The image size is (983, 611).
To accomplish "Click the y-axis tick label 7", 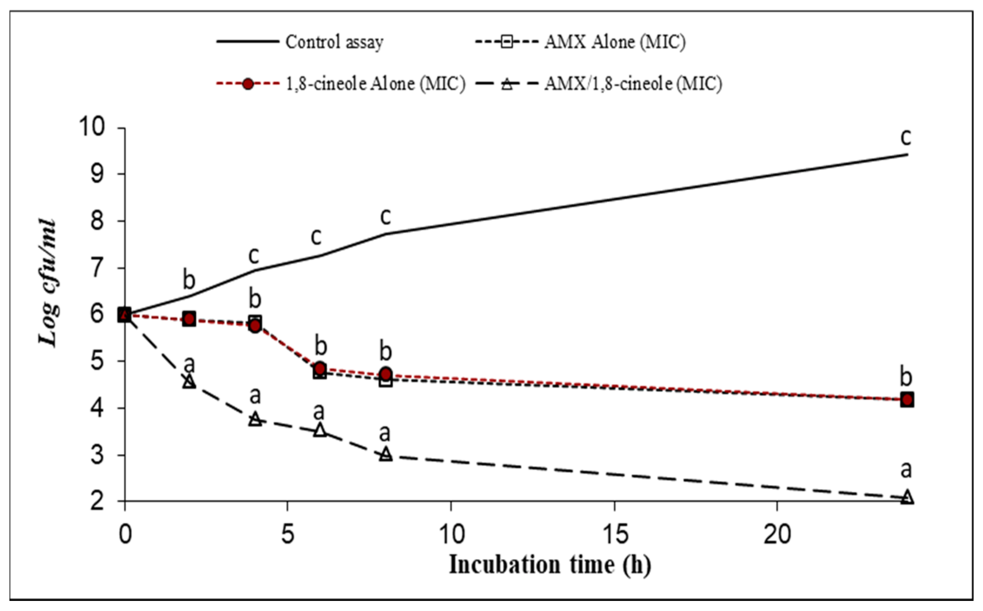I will pos(97,268).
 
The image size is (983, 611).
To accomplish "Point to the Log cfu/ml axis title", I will pos(48,283).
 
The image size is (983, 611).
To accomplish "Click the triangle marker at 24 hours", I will pos(907,496).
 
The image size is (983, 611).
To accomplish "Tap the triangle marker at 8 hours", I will pos(386,454).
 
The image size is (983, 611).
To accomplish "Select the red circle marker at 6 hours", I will pos(320,368).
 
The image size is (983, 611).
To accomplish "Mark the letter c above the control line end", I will pos(906,137).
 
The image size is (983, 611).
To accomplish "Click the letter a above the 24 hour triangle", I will pos(906,470).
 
